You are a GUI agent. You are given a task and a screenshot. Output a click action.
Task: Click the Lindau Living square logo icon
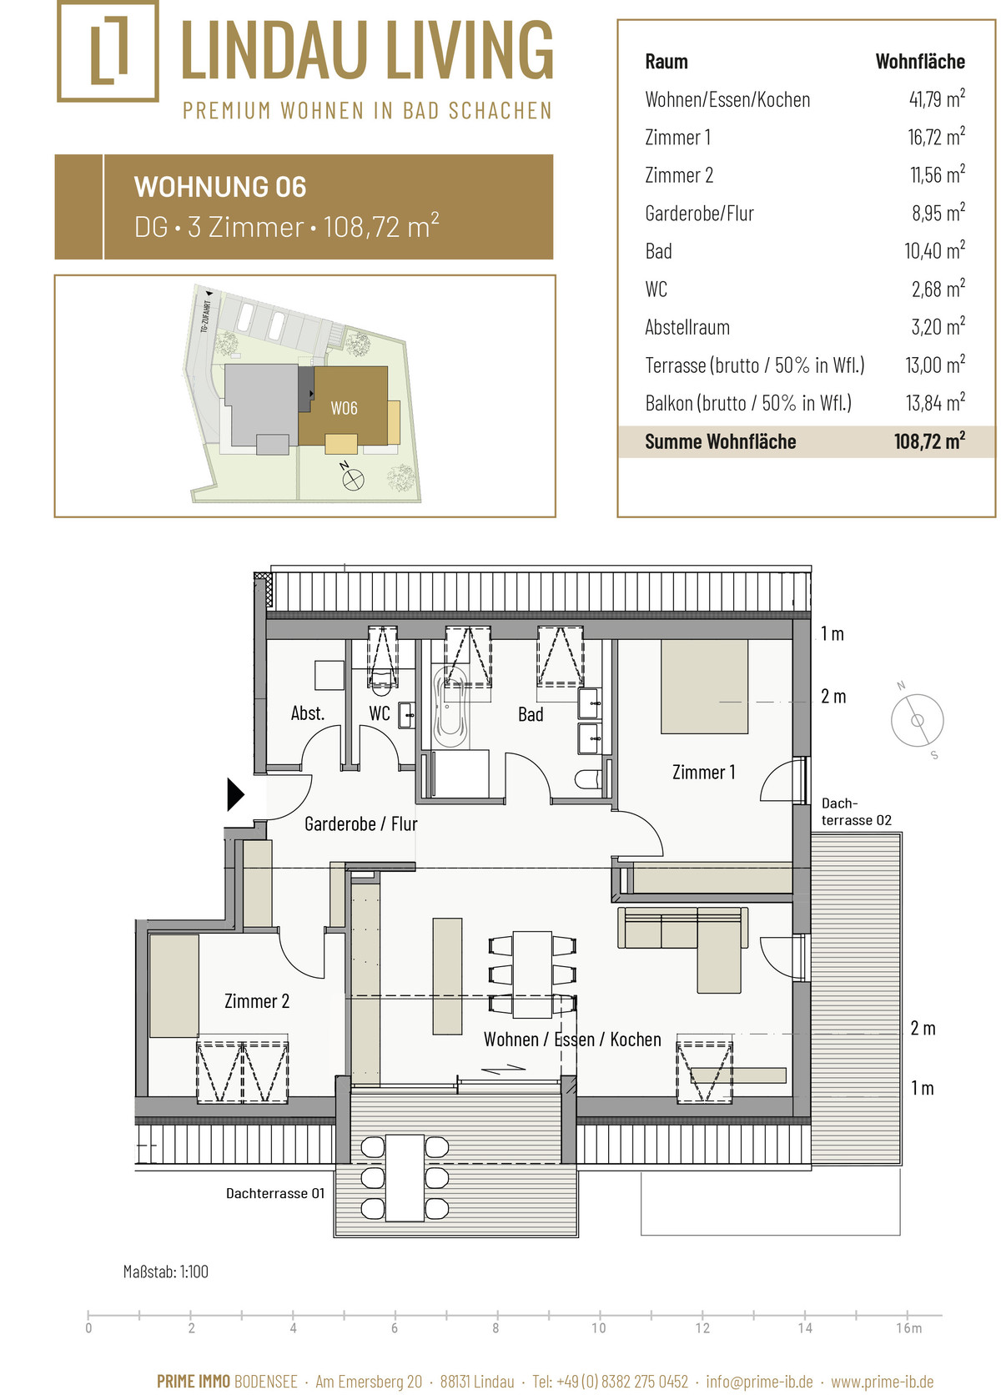(x=108, y=50)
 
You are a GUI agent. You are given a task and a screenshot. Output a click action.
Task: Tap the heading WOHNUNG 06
(x=220, y=188)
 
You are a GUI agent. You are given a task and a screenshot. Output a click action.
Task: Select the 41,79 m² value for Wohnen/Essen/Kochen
(x=937, y=99)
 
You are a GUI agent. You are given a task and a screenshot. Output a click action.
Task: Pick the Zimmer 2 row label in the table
(x=678, y=175)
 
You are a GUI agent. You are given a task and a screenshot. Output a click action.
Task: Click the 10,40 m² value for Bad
(x=934, y=251)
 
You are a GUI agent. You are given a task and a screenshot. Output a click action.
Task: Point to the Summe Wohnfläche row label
(x=720, y=441)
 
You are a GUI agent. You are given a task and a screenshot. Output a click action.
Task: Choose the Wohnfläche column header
(x=920, y=62)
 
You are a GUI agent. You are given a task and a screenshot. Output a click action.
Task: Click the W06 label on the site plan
(x=345, y=408)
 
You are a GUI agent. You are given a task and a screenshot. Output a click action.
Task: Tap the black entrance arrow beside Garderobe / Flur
(x=235, y=794)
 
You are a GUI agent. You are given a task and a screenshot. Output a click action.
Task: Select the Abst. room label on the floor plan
(x=308, y=713)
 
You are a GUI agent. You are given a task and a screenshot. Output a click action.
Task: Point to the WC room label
(x=379, y=713)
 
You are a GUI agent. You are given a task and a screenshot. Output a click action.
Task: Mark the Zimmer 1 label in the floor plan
(x=703, y=773)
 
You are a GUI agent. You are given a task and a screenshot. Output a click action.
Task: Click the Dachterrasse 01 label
(x=275, y=1193)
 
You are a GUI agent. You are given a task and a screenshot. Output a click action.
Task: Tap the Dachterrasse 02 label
(x=856, y=812)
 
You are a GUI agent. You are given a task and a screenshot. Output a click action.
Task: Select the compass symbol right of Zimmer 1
(x=917, y=720)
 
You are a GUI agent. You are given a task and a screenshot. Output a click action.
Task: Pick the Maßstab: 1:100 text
(x=166, y=1272)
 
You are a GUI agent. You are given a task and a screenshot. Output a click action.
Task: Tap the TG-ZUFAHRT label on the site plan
(x=205, y=316)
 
